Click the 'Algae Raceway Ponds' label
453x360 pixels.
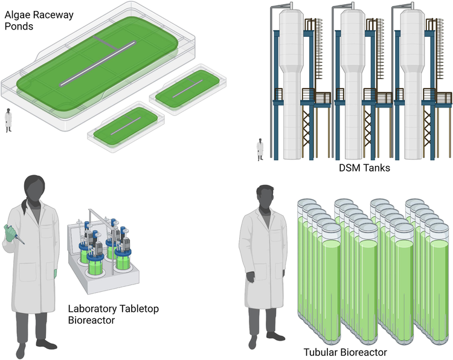coord(36,21)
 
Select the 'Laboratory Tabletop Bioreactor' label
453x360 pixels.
coord(113,314)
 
